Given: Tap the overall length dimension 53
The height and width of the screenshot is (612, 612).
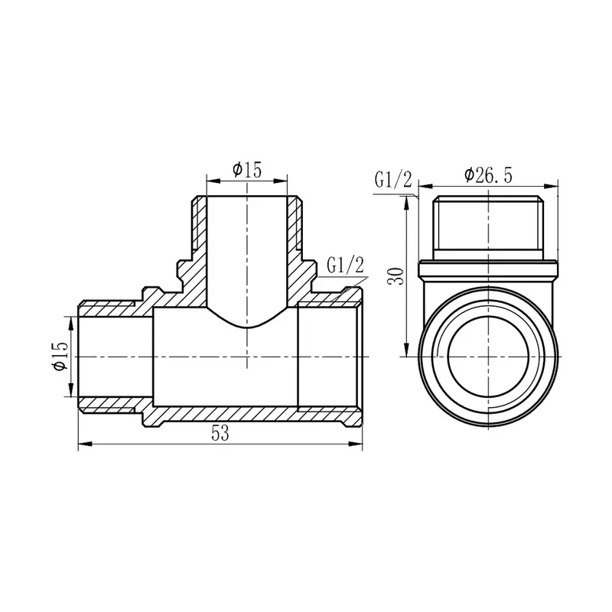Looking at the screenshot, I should pos(220,434).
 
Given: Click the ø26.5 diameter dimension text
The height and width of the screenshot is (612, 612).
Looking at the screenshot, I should pos(488,175).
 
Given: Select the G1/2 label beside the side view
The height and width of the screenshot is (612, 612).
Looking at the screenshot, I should pos(393,180).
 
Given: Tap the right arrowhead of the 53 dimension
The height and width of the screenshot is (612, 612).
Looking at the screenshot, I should pos(357,443).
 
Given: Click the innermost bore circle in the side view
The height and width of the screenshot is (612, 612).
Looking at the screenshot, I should pos(488,357).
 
